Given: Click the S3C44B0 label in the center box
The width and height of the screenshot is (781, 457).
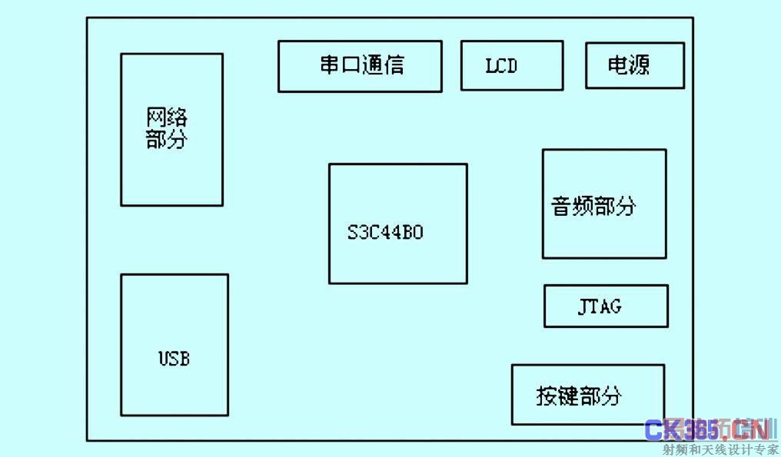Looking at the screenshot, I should coord(385,232).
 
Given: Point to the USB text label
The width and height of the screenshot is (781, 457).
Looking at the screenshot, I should coord(174,359).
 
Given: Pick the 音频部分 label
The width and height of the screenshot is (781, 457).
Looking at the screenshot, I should coord(594,206).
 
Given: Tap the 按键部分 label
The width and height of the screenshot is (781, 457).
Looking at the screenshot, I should coord(579,396).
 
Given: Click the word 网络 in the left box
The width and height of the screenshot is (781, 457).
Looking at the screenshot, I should coord(167,118).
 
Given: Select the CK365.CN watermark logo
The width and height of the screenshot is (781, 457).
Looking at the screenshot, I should coord(707,431).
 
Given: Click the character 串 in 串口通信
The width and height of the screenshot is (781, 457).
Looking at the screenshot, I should coord(330,65).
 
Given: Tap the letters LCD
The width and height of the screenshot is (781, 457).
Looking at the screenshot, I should coord(501,66).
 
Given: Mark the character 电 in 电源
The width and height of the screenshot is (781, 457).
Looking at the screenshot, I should coord(617,65).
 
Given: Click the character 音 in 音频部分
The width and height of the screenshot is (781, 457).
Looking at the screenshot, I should coord(562,206).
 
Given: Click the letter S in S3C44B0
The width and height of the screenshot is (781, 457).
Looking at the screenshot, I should coord(352,233).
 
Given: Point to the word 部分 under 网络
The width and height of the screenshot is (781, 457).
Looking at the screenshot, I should coord(167,140).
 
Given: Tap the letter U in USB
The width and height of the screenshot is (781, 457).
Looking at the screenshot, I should coord(164,359).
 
